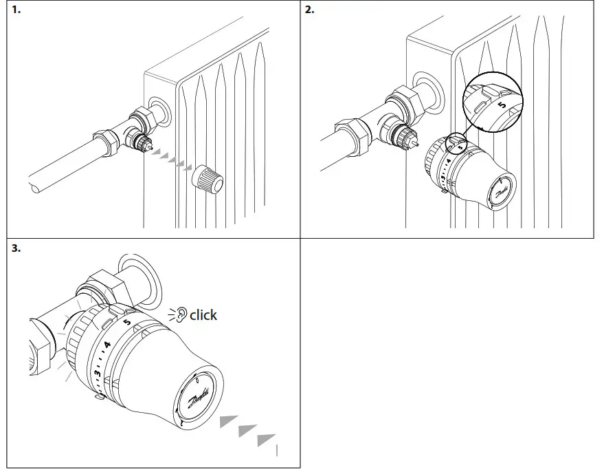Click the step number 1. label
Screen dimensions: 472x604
(x=16, y=10)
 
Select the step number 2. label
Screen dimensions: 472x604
(x=310, y=10)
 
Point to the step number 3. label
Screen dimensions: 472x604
(x=16, y=248)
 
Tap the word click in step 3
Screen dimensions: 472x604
(x=203, y=315)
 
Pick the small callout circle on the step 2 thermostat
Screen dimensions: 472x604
(x=456, y=144)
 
